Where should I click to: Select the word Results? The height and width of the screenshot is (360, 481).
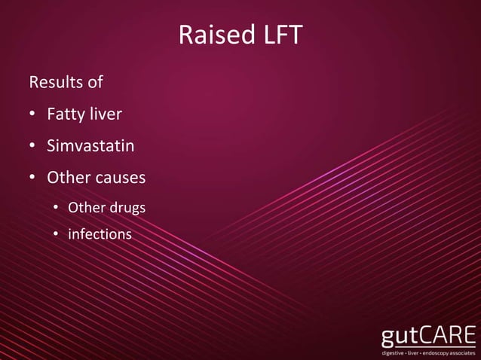click(55, 81)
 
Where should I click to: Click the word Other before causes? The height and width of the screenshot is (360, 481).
click(67, 178)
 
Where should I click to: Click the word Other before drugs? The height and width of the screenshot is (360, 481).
click(86, 207)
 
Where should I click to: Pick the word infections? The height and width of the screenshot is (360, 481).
click(100, 234)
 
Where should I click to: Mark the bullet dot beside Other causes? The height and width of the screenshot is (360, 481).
click(32, 179)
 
